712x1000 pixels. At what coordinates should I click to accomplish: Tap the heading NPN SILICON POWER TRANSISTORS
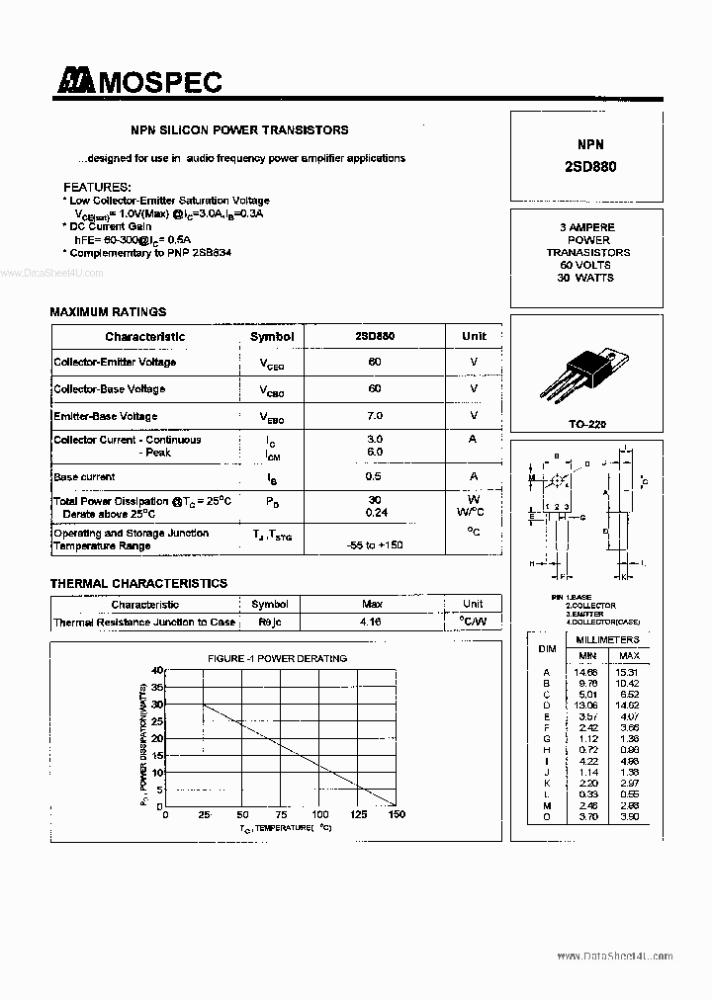tap(240, 129)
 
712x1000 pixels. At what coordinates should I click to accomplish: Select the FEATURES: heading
tap(97, 187)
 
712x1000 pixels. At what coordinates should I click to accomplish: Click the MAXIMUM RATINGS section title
tap(108, 312)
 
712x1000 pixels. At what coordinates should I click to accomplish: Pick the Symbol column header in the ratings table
tap(272, 336)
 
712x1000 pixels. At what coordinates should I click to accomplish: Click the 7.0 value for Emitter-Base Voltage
tap(375, 416)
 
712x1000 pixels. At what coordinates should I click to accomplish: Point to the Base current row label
tap(84, 477)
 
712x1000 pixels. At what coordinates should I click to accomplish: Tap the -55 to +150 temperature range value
tap(375, 545)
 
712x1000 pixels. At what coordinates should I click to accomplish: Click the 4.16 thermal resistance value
tap(372, 623)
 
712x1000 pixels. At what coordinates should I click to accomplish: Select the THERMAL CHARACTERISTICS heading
tap(138, 584)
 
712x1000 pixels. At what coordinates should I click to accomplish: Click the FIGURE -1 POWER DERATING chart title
tap(277, 658)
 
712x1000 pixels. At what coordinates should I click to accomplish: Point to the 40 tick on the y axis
tap(156, 671)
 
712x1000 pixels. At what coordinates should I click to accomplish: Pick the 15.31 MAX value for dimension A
tap(629, 672)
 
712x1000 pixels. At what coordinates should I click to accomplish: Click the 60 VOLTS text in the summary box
tap(585, 265)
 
